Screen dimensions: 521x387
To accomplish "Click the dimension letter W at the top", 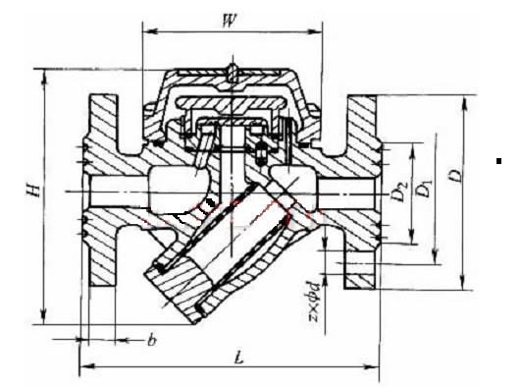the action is [x=229, y=21].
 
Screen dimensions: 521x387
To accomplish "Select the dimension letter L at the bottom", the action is [x=238, y=359].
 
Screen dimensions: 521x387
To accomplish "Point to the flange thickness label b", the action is [x=151, y=340].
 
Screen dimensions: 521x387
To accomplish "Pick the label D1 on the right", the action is [x=424, y=189].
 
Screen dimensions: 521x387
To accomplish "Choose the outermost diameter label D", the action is [x=457, y=175].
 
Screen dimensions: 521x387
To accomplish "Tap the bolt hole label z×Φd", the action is [x=314, y=302].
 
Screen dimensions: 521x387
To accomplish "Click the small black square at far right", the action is [x=498, y=161].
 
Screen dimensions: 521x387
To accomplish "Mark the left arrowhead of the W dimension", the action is [x=150, y=31].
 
